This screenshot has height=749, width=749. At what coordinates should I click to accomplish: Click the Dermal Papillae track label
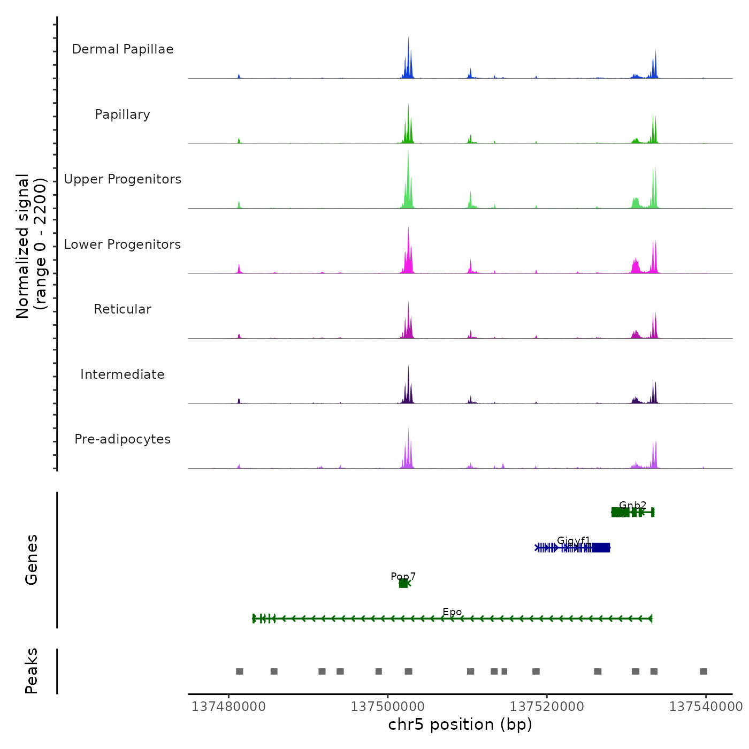click(x=123, y=49)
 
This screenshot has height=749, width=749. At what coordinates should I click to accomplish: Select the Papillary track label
click(x=123, y=114)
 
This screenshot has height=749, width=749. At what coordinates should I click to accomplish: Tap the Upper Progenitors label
click(x=123, y=179)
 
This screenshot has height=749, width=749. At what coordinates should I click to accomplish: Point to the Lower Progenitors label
click(x=123, y=244)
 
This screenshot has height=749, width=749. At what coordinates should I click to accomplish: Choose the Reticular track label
click(x=123, y=309)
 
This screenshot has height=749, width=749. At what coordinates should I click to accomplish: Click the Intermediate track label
click(x=123, y=374)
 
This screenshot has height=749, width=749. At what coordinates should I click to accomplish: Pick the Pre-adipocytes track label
click(x=123, y=439)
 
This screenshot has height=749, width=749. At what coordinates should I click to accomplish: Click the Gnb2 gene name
click(x=632, y=505)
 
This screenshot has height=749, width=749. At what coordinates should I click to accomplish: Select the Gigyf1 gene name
click(x=574, y=540)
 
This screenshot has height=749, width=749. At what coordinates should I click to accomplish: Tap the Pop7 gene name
click(x=403, y=576)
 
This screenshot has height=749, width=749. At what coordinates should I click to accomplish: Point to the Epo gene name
click(x=452, y=612)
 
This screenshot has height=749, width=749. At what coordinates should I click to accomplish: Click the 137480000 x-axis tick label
click(x=228, y=707)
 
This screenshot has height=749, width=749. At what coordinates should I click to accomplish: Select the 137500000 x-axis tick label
click(x=388, y=707)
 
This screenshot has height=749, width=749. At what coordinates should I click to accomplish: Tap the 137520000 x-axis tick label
click(x=547, y=707)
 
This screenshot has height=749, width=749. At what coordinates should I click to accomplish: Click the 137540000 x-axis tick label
click(x=706, y=707)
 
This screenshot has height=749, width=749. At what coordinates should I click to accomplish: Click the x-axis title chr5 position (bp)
click(x=460, y=724)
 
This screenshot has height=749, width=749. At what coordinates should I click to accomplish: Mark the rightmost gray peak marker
click(x=704, y=671)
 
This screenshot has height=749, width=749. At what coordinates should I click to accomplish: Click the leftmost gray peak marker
click(x=239, y=671)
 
